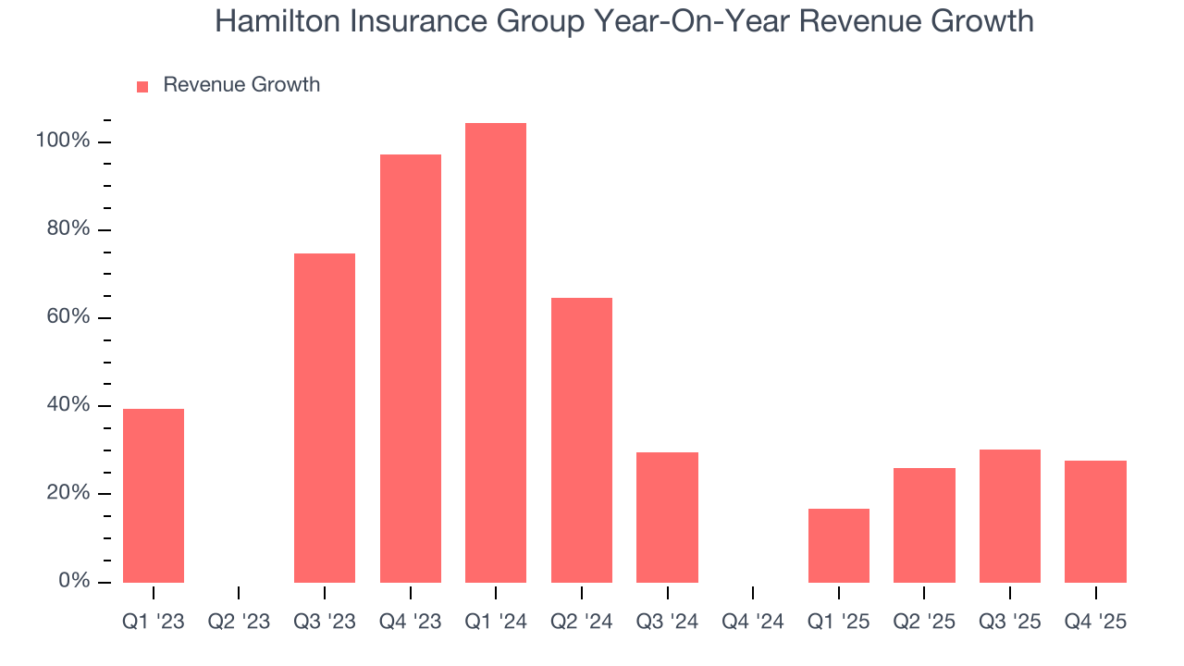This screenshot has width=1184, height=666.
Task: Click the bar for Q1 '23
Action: (x=154, y=495)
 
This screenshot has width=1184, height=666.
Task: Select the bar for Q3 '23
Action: (x=325, y=417)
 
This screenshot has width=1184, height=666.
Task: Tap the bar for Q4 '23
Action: (x=411, y=368)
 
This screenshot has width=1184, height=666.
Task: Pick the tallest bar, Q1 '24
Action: (x=496, y=352)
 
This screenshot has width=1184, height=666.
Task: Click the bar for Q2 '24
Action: (x=582, y=439)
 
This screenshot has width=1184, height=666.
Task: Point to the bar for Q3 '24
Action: (x=667, y=517)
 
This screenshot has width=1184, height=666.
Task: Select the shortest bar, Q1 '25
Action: (x=839, y=545)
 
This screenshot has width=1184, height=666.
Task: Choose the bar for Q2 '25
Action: (x=924, y=524)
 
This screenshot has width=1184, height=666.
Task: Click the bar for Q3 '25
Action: (x=1010, y=515)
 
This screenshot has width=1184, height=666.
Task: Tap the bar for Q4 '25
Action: (x=1095, y=521)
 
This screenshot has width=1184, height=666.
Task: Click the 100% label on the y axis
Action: (x=63, y=142)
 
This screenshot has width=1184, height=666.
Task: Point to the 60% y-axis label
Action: (x=68, y=317)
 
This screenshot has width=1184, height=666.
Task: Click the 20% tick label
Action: (x=68, y=494)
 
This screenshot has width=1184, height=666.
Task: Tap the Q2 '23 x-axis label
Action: (x=239, y=622)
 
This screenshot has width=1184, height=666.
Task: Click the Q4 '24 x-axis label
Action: (x=753, y=622)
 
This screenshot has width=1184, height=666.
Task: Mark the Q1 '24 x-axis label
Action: (x=496, y=622)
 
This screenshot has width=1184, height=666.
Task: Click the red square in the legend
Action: (x=142, y=86)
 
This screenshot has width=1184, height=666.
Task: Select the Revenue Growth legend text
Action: (x=241, y=85)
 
